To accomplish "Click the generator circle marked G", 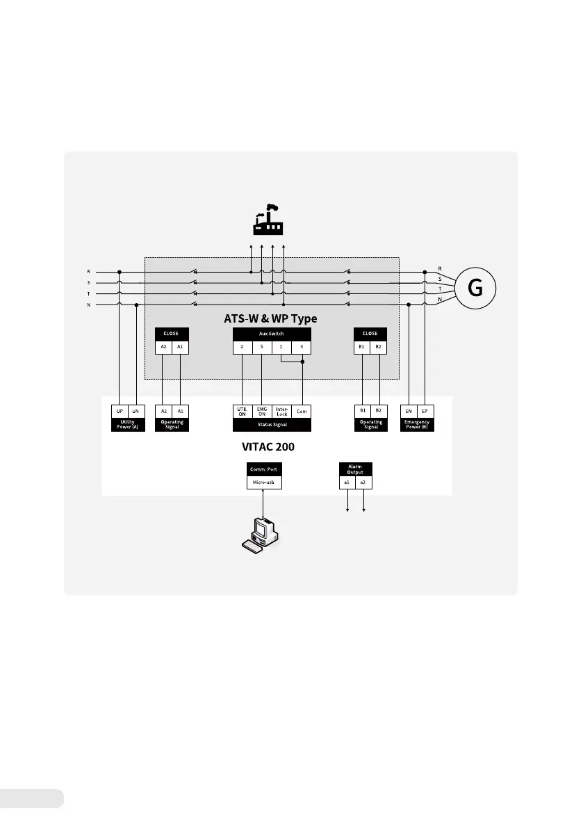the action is coord(477,287).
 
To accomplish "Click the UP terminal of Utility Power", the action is coord(120,411).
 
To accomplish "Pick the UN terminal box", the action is coord(136,411).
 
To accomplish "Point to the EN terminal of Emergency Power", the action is coord(409,411).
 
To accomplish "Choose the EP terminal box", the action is coord(425,411).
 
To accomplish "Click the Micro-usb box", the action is coord(264,481).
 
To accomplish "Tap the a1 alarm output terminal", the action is coord(347,481).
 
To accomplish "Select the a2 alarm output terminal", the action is coord(363,481).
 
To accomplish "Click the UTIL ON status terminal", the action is coord(242,411).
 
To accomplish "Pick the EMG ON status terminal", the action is coord(262,411).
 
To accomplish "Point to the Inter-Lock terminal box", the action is coord(281,411).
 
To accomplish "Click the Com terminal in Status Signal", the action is coord(302,411).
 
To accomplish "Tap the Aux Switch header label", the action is coord(272,334).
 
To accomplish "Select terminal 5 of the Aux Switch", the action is coord(261,346).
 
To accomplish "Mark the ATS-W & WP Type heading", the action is coord(271,318).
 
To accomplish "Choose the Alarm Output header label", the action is coord(355,469).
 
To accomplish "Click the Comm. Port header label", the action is coord(264,469).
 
